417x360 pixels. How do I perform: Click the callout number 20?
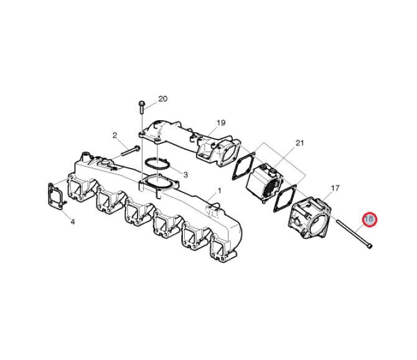coord(163,98)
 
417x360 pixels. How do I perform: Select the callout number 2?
coord(115,135)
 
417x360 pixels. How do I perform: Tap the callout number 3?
coord(185,175)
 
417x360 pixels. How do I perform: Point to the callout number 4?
coord(73,221)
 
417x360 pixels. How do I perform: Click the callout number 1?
coord(220,191)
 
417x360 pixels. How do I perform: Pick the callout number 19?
coord(221,123)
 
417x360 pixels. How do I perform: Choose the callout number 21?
coord(300,143)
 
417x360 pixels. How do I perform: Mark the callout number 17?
coord(335,188)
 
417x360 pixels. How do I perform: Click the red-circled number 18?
coord(370,219)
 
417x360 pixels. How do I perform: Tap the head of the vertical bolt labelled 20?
coord(141,103)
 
